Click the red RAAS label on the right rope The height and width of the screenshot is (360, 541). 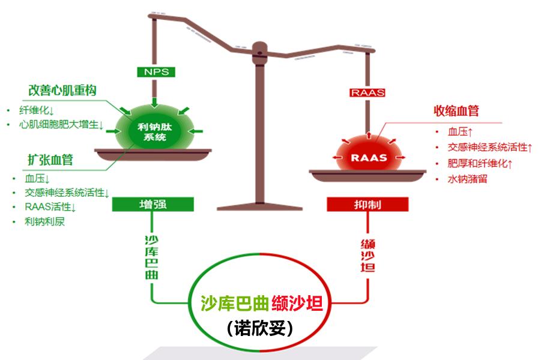click(367, 92)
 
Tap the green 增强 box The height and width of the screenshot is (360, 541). click(153, 204)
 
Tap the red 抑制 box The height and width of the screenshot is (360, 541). click(367, 204)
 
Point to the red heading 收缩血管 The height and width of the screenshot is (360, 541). click(456, 111)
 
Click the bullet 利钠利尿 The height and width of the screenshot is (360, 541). click(44, 223)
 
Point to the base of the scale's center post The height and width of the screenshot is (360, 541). click(259, 206)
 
